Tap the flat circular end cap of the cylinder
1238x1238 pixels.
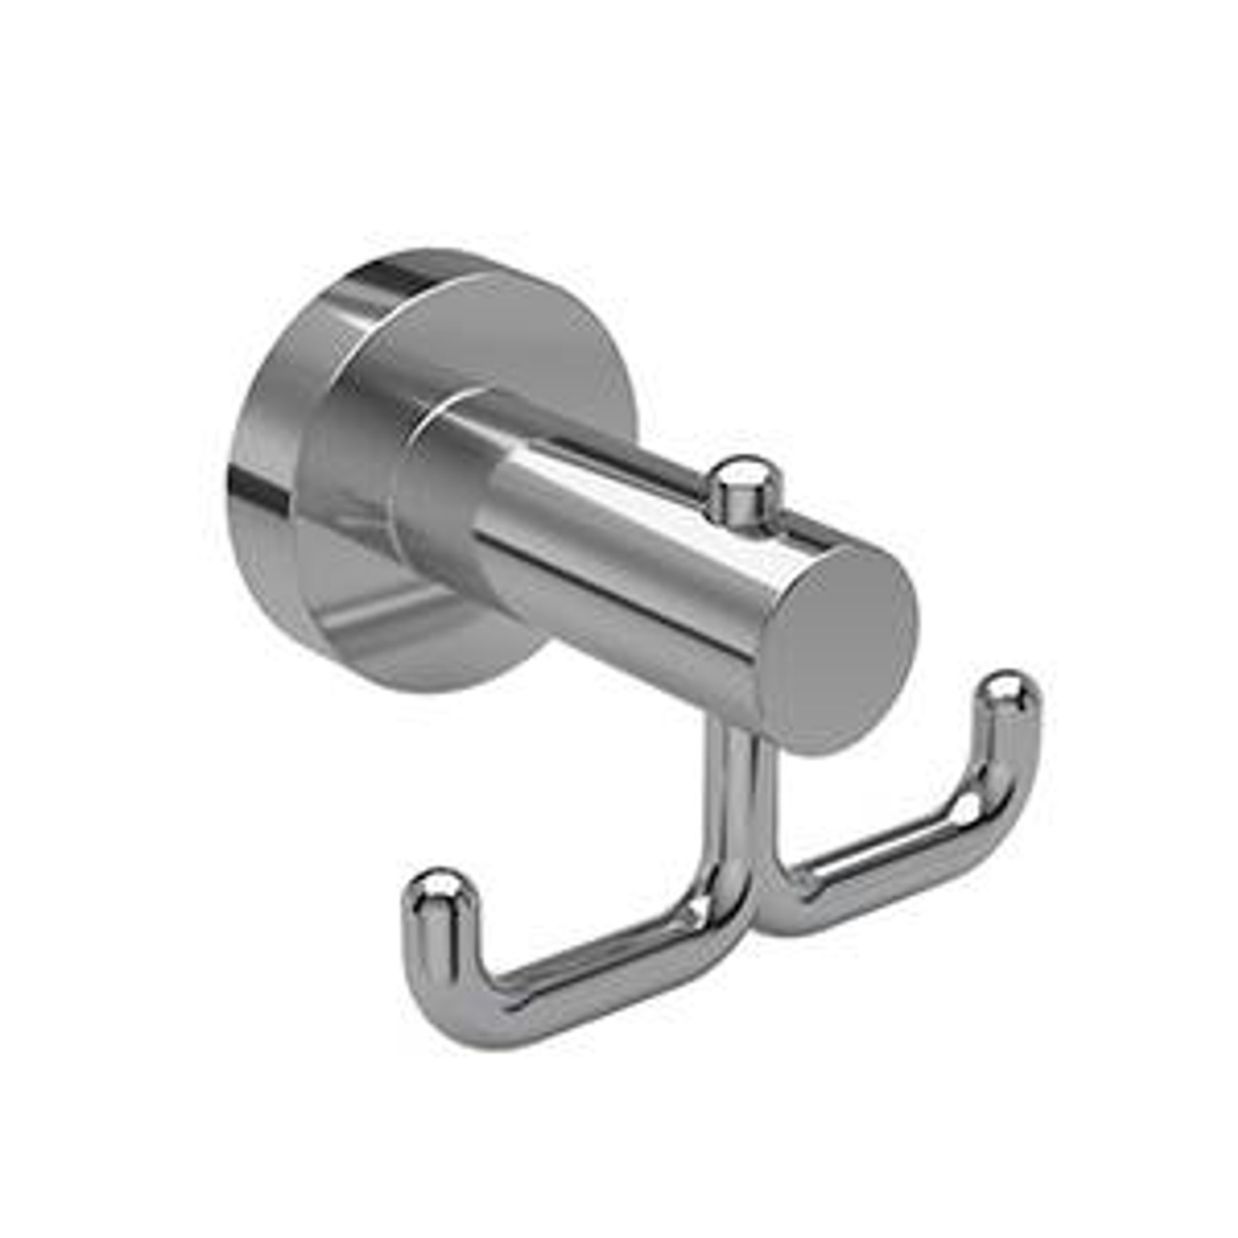(x=843, y=642)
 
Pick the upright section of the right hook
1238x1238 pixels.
(x=1006, y=754)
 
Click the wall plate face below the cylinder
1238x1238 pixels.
(x=416, y=629)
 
